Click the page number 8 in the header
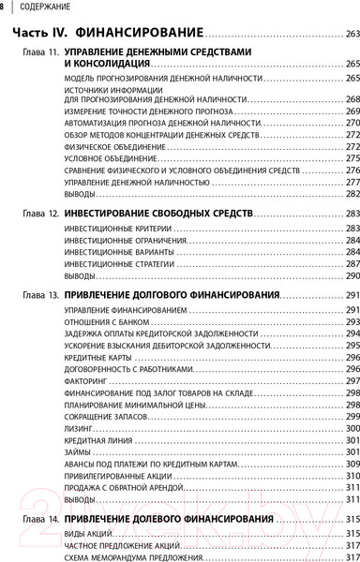point(3,8)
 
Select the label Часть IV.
point(40,34)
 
